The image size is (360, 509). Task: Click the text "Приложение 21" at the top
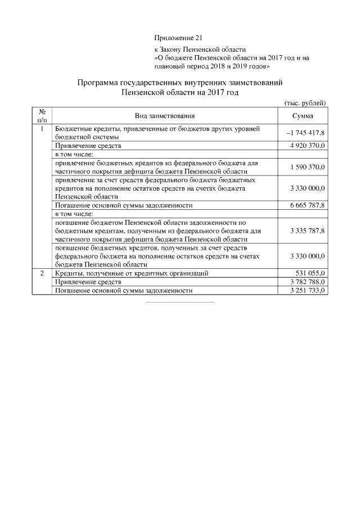pos(177,38)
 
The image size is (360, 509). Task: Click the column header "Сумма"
pos(303,116)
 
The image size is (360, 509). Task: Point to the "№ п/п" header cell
pos(42,116)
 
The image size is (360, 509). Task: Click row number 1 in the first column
pos(42,129)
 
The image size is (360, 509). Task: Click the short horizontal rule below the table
pos(180,302)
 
